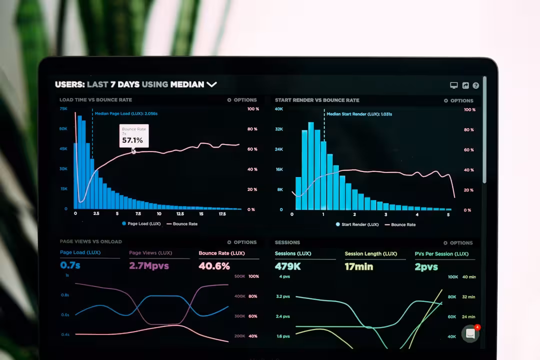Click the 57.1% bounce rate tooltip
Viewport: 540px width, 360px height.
133,136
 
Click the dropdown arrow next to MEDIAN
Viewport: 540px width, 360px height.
211,84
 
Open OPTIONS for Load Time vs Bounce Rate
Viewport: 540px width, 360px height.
242,100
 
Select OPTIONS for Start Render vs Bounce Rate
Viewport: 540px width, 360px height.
458,100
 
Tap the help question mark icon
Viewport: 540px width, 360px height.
475,85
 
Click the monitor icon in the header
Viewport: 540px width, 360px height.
454,85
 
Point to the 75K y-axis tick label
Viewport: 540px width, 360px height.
63,108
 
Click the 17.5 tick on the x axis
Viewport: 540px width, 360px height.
222,213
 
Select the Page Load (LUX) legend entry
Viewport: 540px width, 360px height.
141,224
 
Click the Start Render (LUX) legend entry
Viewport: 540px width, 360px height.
357,224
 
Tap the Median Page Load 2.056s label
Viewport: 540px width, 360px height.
126,113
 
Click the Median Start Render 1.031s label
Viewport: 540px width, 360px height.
359,114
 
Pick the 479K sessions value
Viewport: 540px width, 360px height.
287,266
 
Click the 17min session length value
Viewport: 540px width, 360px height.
358,266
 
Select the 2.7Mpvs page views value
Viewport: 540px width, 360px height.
149,265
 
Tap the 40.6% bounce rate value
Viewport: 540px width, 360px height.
214,266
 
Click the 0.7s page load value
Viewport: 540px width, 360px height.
70,265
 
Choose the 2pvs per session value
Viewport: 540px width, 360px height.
426,267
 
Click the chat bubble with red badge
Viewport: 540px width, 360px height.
470,333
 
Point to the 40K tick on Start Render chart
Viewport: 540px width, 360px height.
278,109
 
